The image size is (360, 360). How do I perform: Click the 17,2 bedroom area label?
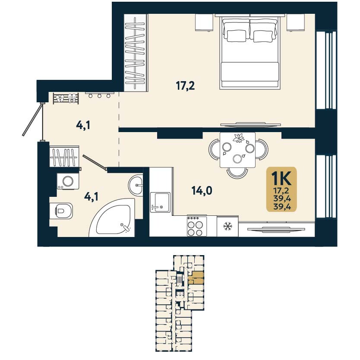click(185, 86)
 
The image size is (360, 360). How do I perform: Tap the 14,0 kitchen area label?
click(202, 190)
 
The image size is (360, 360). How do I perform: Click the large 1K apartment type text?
click(281, 178)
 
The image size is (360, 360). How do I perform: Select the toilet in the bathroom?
click(61, 211)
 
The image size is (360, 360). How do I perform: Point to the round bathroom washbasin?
click(136, 184)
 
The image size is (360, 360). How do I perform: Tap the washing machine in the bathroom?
click(68, 181)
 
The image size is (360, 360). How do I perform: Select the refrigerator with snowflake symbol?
click(227, 226)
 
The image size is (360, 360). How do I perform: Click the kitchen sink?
click(160, 202)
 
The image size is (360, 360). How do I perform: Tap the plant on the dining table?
click(239, 138)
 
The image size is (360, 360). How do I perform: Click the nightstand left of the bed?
click(204, 22)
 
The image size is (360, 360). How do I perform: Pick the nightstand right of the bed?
click(296, 22)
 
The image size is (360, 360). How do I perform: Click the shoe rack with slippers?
click(66, 98)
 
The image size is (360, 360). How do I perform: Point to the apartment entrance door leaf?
click(32, 120)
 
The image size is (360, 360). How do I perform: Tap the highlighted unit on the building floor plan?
click(196, 278)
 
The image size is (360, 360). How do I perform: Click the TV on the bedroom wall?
click(250, 125)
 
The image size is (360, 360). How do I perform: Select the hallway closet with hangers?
click(64, 157)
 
